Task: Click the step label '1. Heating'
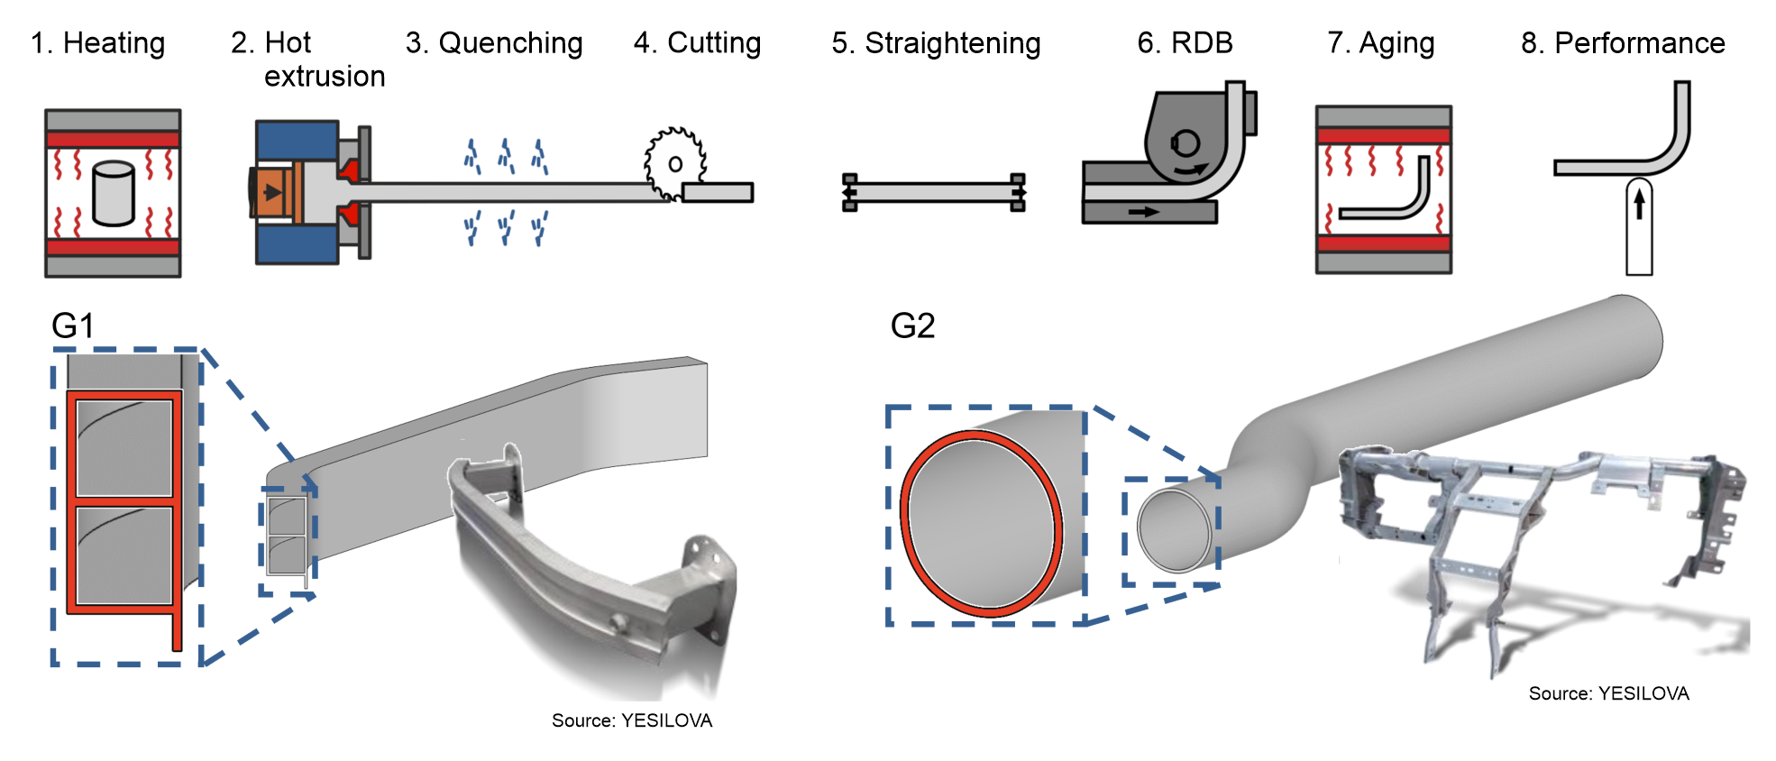(x=97, y=43)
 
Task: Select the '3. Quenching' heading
(x=494, y=43)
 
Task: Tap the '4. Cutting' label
(x=697, y=43)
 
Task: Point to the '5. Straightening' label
(x=936, y=43)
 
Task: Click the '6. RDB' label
(x=1185, y=43)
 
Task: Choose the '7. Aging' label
(x=1380, y=43)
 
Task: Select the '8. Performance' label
(x=1623, y=43)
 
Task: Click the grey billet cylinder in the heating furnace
(x=114, y=192)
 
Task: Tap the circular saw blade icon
(x=674, y=163)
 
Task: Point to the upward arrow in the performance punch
(x=1639, y=202)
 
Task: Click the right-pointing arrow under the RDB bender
(x=1144, y=212)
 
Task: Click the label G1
(x=73, y=325)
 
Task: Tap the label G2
(x=912, y=325)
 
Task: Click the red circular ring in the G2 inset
(x=903, y=523)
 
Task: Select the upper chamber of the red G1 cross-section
(x=124, y=447)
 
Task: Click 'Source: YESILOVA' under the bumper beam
(x=632, y=720)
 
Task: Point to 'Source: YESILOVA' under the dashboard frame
(x=1608, y=693)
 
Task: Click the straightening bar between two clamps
(x=934, y=192)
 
